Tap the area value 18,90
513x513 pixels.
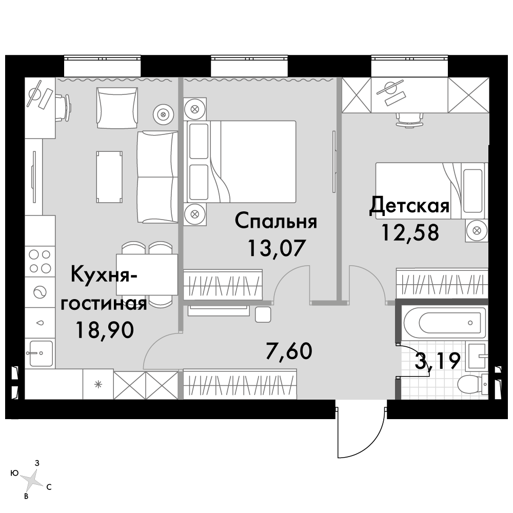pyautogui.click(x=104, y=329)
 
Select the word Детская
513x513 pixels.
pyautogui.click(x=409, y=205)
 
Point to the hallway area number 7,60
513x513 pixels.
pyautogui.click(x=289, y=350)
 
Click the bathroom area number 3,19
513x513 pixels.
pyautogui.click(x=438, y=361)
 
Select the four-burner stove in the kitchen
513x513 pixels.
pyautogui.click(x=40, y=261)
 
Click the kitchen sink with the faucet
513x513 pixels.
pyautogui.click(x=40, y=353)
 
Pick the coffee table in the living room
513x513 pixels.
pyautogui.click(x=109, y=176)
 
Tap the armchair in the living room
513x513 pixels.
pyautogui.click(x=117, y=108)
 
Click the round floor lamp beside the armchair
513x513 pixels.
pyautogui.click(x=163, y=114)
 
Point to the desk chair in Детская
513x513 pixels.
pyautogui.click(x=409, y=120)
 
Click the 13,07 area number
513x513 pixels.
pyautogui.click(x=277, y=248)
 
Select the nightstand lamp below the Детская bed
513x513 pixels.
pyautogui.click(x=477, y=230)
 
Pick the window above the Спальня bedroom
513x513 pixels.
pyautogui.click(x=249, y=66)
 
